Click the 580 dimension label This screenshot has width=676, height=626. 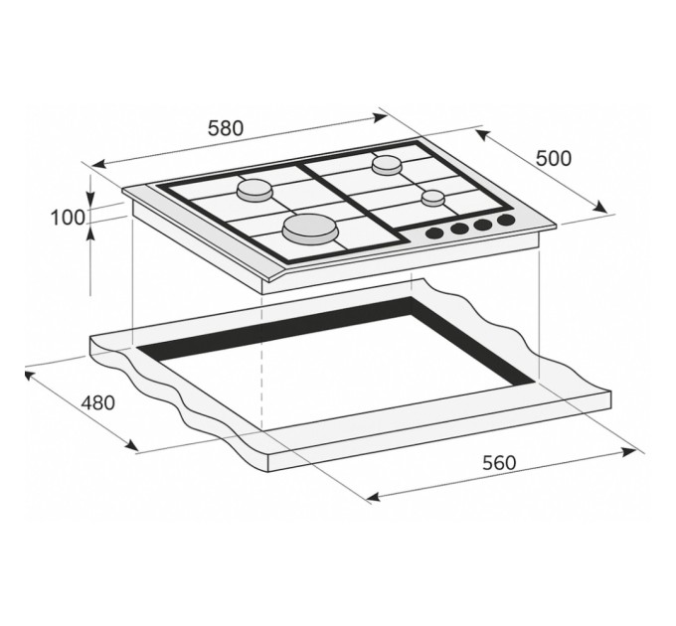227,128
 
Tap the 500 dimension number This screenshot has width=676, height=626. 554,158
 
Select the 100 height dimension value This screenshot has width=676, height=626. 68,218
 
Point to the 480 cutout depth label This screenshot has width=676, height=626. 97,403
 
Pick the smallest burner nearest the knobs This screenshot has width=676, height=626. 431,197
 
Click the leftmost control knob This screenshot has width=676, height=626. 434,234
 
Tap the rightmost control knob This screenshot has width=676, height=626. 507,220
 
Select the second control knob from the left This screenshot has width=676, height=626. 459,229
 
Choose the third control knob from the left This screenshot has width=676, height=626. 484,225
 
